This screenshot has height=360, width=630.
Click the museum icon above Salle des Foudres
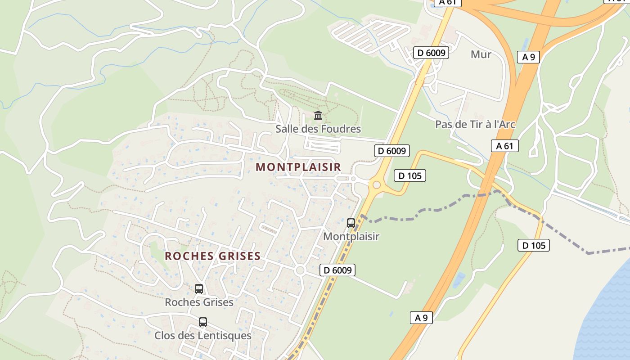click(318, 116)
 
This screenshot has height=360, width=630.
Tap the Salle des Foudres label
click(318, 129)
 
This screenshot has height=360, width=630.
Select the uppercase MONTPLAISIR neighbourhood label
click(298, 167)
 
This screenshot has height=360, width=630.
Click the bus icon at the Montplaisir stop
click(351, 223)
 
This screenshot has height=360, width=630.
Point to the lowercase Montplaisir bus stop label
click(351, 236)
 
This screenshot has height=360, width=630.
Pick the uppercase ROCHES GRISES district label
click(213, 256)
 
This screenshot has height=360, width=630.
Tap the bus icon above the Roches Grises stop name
click(199, 289)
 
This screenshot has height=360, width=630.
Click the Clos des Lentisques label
click(202, 336)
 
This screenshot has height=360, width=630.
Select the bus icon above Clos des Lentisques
click(203, 322)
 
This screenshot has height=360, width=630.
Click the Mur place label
click(481, 54)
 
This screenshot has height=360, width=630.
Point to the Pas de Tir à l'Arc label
click(475, 124)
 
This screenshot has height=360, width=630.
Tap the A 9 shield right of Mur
click(528, 57)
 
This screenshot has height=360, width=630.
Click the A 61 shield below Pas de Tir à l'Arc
click(504, 146)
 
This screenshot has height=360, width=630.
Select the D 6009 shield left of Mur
click(431, 53)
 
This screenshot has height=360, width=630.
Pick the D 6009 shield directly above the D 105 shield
click(392, 151)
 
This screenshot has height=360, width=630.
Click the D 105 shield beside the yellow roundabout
click(409, 175)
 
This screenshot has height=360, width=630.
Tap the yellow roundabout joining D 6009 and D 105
click(376, 184)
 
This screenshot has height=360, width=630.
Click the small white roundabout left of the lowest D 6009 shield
click(300, 270)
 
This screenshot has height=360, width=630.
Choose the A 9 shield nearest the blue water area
click(421, 318)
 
